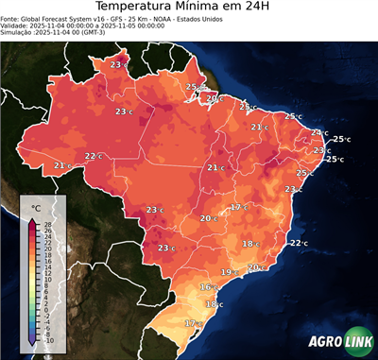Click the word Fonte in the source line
11,18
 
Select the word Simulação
18,33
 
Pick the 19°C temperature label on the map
228,272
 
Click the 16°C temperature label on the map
207,286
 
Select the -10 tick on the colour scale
48,340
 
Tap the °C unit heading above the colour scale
36,207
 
